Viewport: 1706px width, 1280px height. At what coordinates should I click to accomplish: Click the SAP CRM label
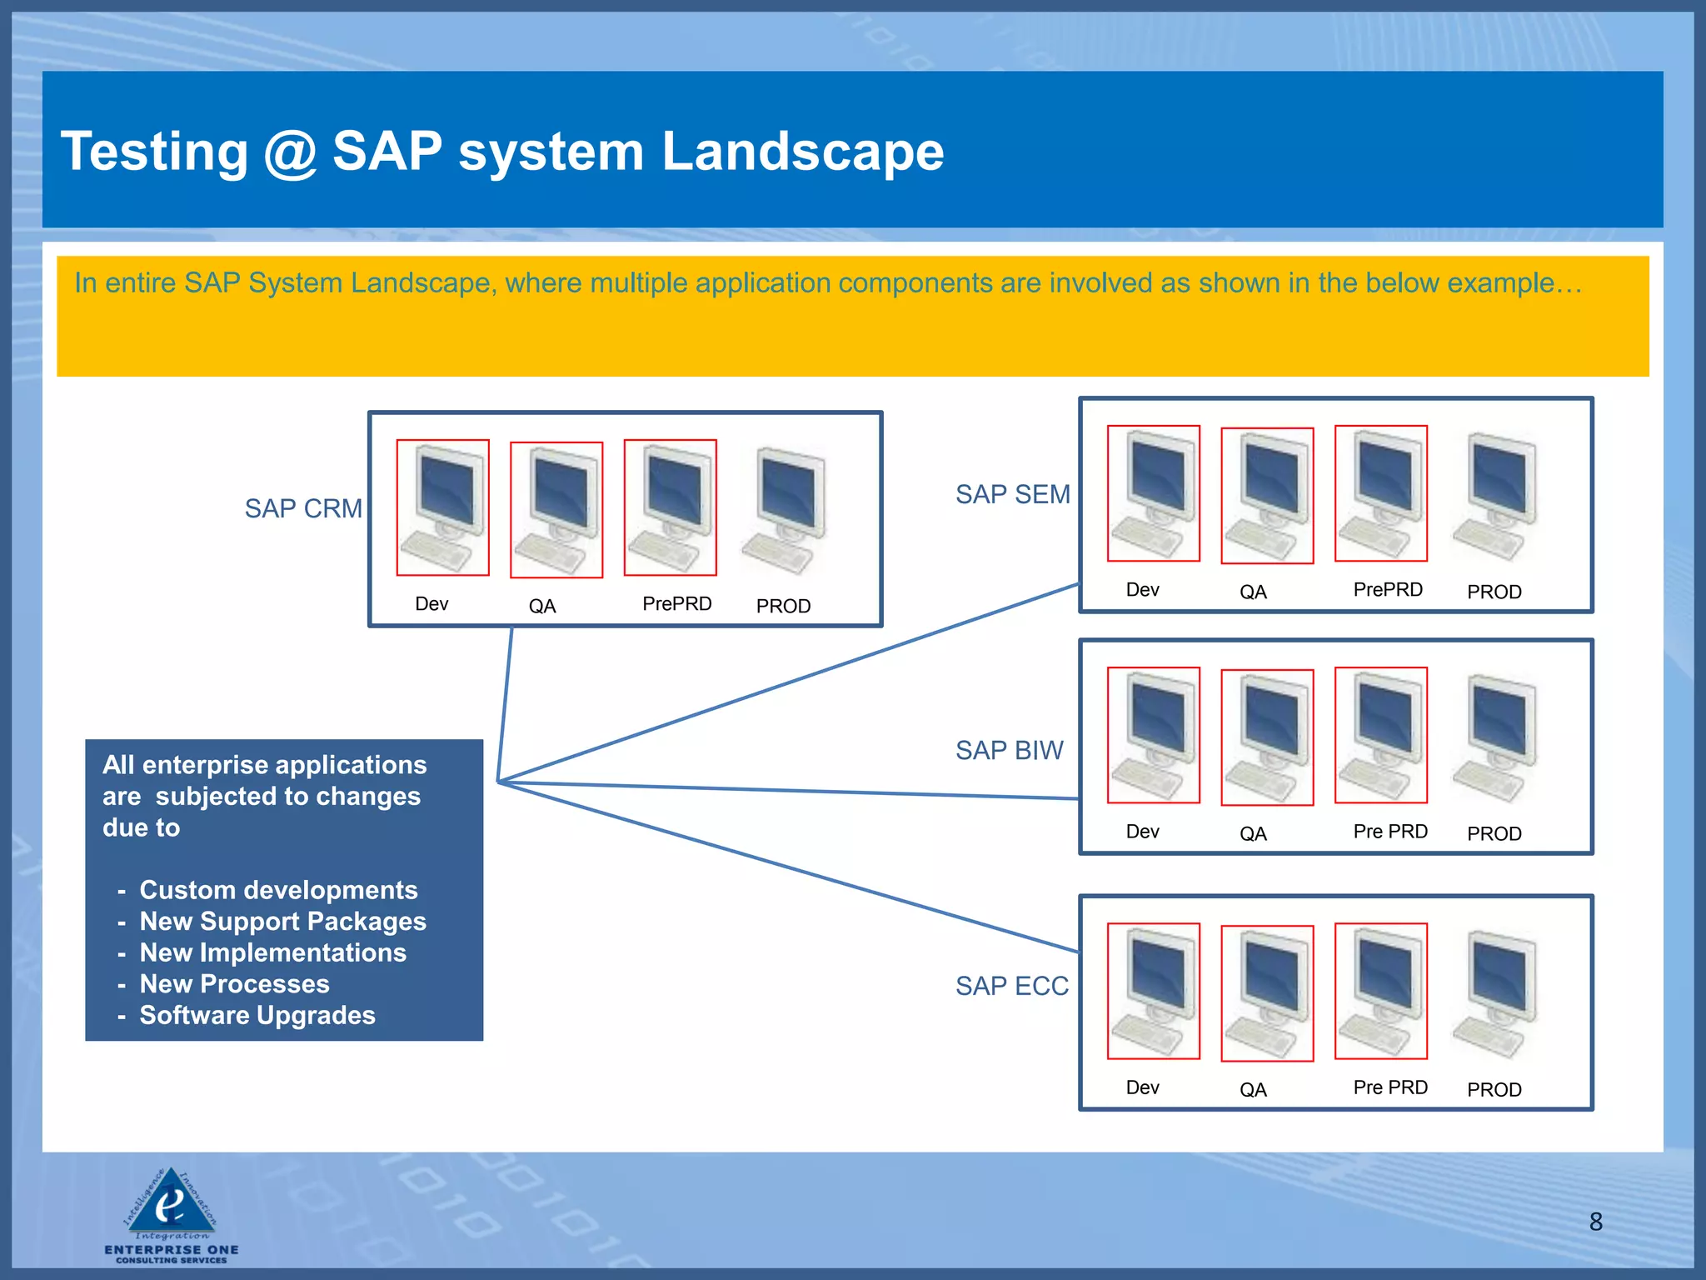(x=303, y=508)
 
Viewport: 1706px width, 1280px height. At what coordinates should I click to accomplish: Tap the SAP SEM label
(x=1012, y=494)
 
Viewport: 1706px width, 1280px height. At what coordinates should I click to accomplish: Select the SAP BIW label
(x=1009, y=750)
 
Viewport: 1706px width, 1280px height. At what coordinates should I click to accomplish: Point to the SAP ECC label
(x=1011, y=986)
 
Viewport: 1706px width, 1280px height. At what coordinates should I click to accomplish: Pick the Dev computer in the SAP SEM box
(x=1153, y=493)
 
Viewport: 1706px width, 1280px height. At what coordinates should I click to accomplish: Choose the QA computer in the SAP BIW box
(x=1267, y=737)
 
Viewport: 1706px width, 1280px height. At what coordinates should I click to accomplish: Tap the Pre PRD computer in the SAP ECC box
(x=1380, y=991)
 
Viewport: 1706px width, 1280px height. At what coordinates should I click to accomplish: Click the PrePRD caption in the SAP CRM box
(x=676, y=603)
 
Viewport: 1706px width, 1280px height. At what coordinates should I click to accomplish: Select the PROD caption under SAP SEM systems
(x=1494, y=592)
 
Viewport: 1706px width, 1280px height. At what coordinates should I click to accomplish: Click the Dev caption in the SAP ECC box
(x=1142, y=1087)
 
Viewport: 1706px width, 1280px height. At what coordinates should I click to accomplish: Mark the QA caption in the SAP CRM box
(x=542, y=606)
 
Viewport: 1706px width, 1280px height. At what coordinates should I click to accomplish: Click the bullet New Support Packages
(x=282, y=922)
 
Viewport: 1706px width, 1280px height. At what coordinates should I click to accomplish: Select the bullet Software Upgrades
(x=257, y=1015)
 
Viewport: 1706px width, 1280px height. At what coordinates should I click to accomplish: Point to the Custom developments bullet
(x=278, y=890)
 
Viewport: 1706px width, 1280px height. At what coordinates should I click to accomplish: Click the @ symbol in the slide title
(x=290, y=152)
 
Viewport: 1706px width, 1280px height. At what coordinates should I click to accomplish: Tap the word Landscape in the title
(x=802, y=152)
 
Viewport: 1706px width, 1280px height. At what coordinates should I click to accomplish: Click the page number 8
(x=1595, y=1222)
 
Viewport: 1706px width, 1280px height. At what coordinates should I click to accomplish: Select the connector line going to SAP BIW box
(x=791, y=791)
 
